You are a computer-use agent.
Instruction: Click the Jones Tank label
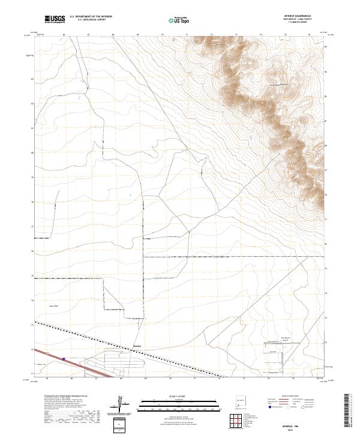click(53, 305)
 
